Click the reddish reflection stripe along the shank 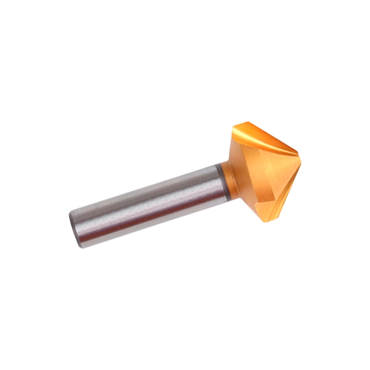(x=148, y=222)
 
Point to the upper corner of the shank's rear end (x=71, y=212)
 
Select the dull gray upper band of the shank (x=148, y=192)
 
